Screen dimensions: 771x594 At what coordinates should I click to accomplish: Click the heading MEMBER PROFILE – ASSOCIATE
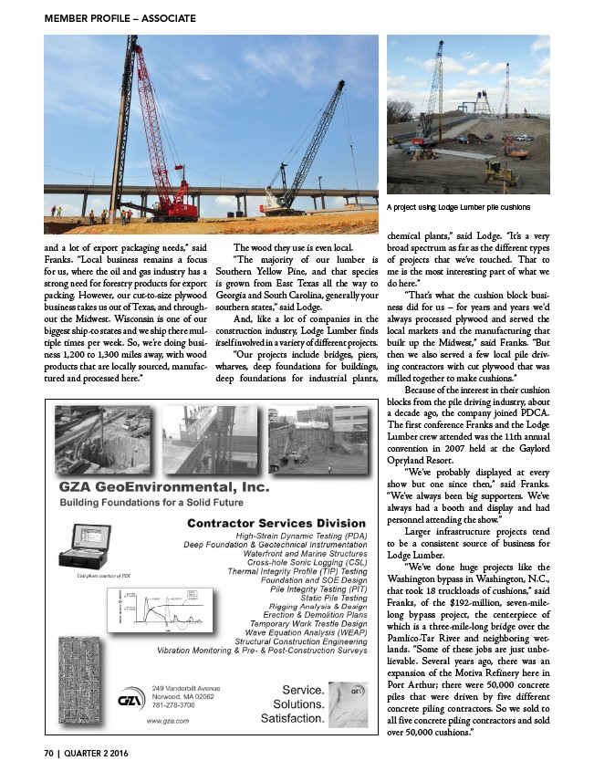107,18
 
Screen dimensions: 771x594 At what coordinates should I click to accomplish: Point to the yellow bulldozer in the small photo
500,171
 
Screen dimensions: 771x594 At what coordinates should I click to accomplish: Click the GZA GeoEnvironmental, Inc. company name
165,489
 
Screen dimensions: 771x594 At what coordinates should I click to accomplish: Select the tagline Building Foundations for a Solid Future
151,504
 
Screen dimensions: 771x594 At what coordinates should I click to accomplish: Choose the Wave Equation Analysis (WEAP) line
307,630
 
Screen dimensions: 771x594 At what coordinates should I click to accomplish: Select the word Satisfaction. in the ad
292,720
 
